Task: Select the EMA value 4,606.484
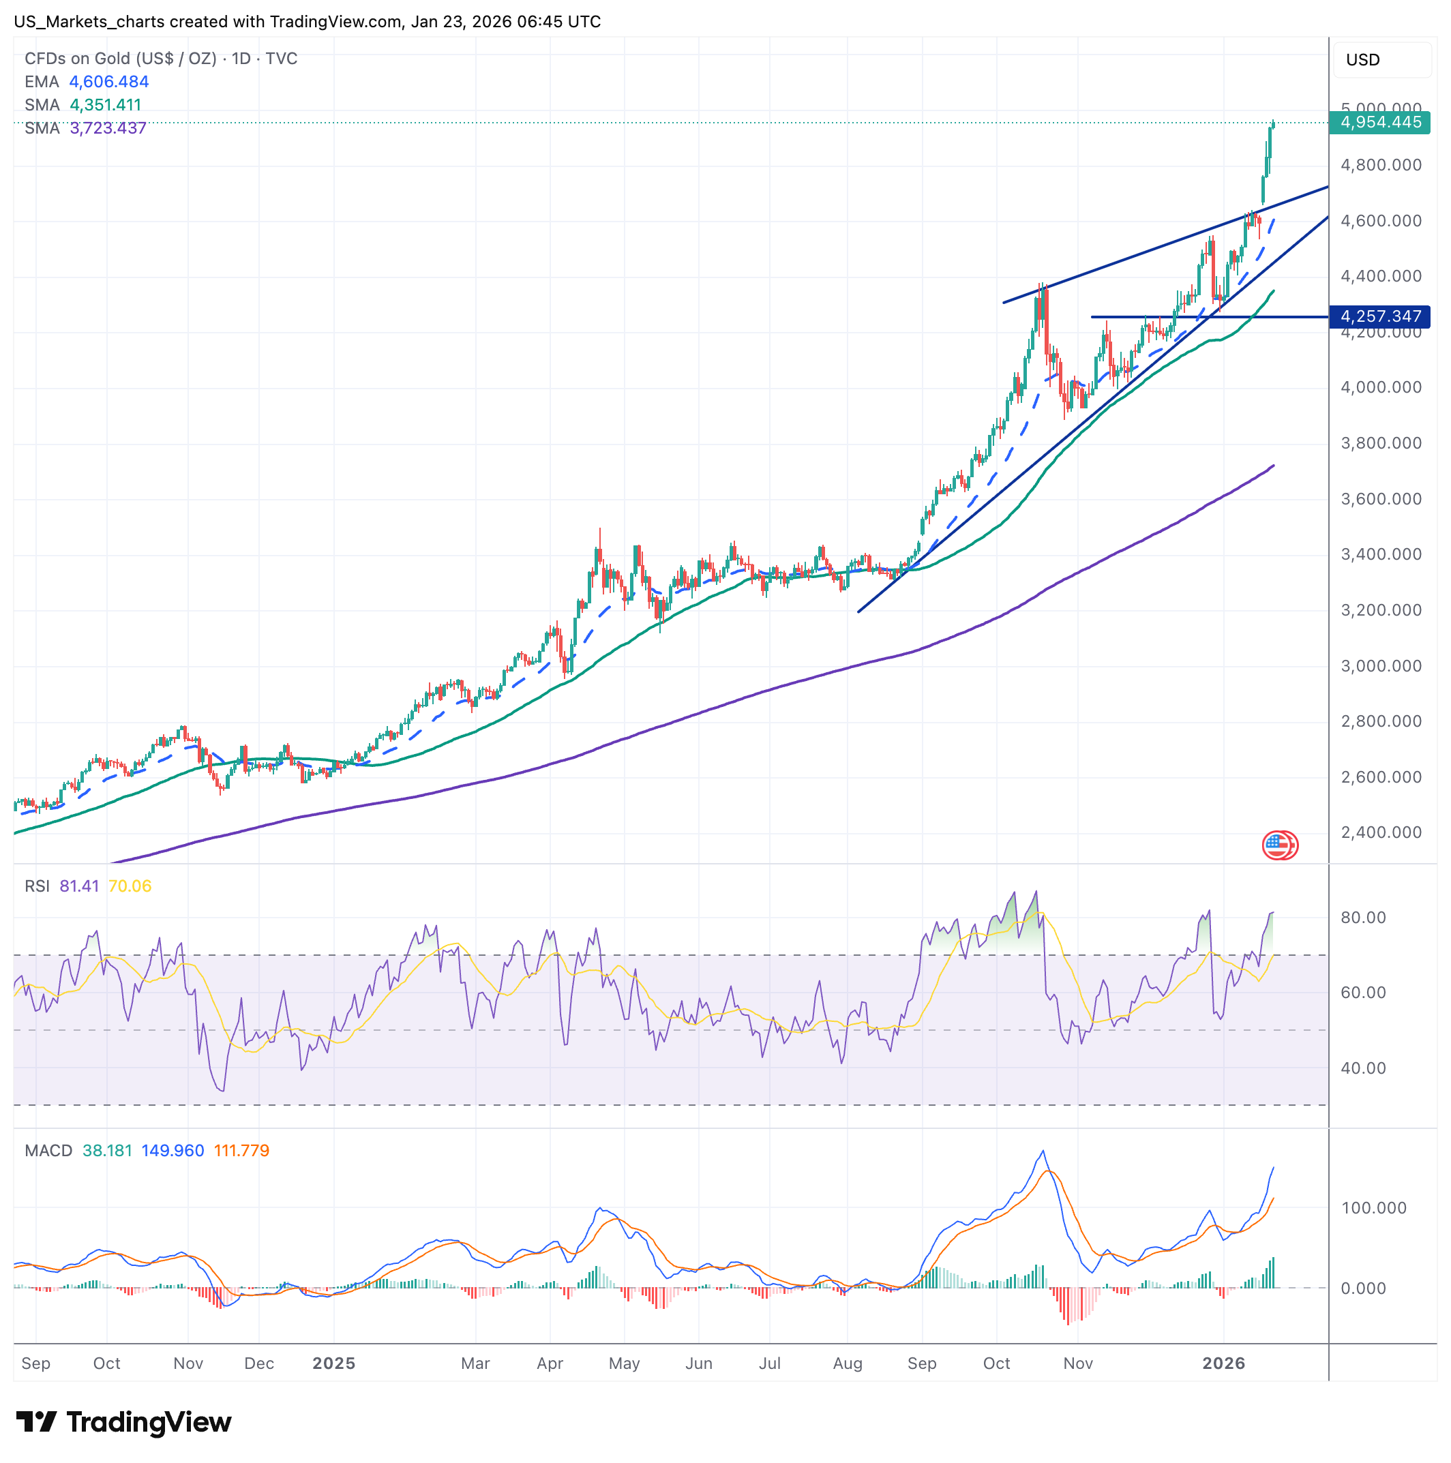coord(109,82)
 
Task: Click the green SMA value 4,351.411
coord(105,105)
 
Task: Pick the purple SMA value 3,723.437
coord(108,129)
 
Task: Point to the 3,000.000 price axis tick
coord(1381,666)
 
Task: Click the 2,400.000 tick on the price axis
coord(1381,833)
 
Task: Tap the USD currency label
coord(1362,60)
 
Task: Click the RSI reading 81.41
coord(80,887)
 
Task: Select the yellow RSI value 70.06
coord(130,887)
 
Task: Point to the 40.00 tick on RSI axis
coord(1363,1068)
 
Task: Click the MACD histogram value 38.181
coord(107,1151)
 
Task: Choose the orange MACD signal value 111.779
coord(241,1151)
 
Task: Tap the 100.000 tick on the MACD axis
coord(1373,1208)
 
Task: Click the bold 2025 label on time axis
coord(334,1363)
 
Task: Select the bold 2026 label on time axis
coord(1224,1363)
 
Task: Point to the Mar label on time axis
coord(475,1363)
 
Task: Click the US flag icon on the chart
coord(1278,845)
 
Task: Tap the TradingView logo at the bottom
coord(123,1423)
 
